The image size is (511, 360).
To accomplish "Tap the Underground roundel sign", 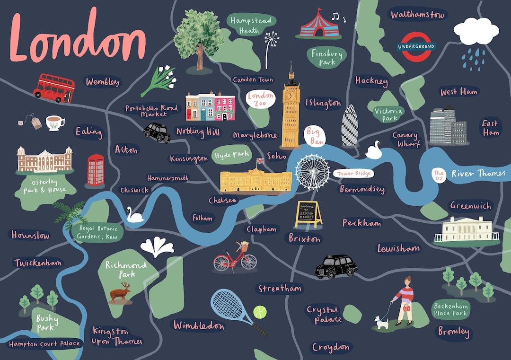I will (x=416, y=47).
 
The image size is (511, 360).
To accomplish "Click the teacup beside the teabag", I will (x=55, y=123).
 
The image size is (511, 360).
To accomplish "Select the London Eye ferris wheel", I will (x=312, y=172).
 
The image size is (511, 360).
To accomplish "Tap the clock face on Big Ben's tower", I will (x=291, y=94).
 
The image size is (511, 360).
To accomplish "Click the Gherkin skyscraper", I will (x=350, y=125).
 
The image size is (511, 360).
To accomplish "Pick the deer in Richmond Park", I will (x=120, y=292).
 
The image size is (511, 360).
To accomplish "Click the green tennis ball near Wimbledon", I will (x=259, y=312).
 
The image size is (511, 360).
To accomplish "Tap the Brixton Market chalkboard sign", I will (x=308, y=214).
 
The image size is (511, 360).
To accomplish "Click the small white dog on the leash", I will (x=381, y=323).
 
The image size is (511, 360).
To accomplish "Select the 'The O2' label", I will (x=439, y=175).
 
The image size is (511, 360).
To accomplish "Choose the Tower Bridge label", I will (x=353, y=174).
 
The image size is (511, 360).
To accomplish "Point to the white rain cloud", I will (x=476, y=31).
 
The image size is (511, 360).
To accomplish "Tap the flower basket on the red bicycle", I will (x=245, y=246).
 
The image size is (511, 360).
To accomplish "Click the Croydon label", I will (x=331, y=348).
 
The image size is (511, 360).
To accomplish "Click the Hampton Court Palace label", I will (x=45, y=343).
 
